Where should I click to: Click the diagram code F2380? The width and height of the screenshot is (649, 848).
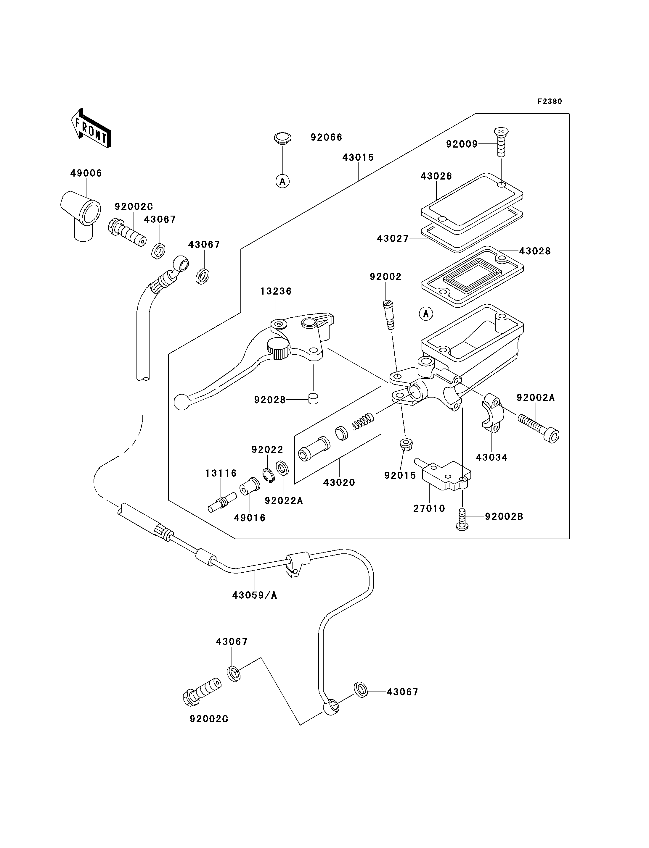click(x=550, y=101)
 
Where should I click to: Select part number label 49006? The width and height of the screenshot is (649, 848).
click(x=86, y=173)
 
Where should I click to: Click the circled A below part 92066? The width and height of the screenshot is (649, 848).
click(x=283, y=181)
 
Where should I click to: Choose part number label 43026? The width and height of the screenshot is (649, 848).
click(x=436, y=176)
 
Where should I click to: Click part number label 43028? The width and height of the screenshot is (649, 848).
click(x=535, y=251)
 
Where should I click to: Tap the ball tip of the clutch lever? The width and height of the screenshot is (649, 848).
click(x=181, y=402)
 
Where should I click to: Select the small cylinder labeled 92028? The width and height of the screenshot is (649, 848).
click(x=314, y=398)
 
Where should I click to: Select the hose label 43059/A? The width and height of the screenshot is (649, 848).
click(x=255, y=596)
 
